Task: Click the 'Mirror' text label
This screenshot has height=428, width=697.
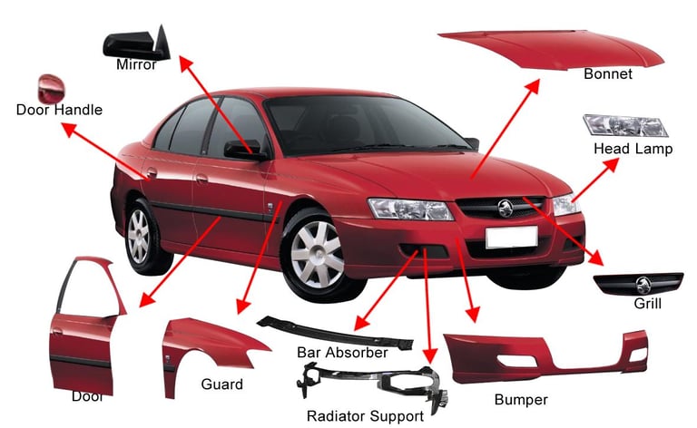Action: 136,65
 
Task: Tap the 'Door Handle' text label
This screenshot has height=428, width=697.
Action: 59,111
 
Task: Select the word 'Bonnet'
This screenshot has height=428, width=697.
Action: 608,74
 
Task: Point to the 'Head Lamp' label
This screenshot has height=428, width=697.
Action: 633,149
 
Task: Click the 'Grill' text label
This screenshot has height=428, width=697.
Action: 647,304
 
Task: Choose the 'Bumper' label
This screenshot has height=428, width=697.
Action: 521,399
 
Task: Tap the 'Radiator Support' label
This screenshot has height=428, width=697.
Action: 364,416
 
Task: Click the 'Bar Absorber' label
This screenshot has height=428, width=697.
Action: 342,352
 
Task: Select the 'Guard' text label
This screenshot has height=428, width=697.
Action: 221,384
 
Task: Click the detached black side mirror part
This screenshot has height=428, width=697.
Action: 136,42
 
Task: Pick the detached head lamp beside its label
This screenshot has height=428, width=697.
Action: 625,126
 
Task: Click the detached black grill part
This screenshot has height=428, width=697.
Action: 638,283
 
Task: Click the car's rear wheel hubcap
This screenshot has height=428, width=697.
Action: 138,236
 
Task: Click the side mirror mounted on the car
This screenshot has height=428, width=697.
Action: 243,149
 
